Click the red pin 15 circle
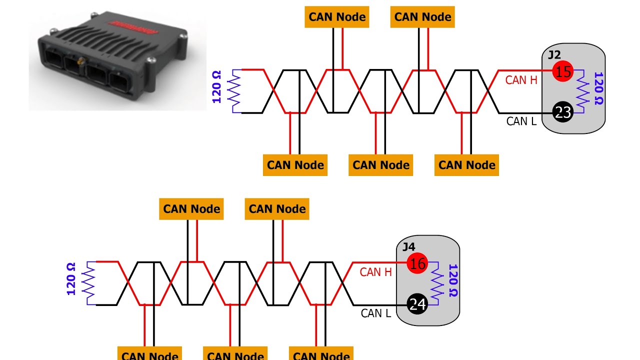pos(563,71)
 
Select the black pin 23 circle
pos(563,112)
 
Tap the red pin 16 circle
pos(417,263)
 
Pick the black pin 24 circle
pos(417,304)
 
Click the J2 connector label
pos(554,54)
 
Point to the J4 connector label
pos(409,246)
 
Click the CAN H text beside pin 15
pos(521,80)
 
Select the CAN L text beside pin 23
pos(521,121)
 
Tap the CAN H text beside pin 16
pos(375,272)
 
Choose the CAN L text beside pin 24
pos(375,313)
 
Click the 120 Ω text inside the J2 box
pos(598,88)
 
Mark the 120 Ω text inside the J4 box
pos(453,280)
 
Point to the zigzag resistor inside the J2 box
pos(582,91)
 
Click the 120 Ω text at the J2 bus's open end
pos(217,87)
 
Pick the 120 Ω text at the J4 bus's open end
pos(71,279)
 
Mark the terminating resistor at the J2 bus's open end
pos(234,91)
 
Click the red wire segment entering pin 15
pos(525,70)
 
